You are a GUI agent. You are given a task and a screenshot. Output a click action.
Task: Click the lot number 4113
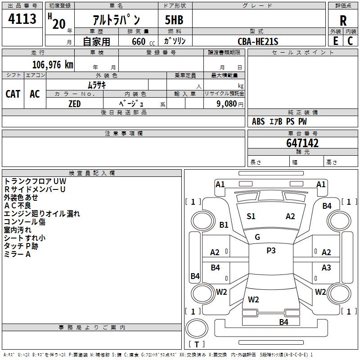22,18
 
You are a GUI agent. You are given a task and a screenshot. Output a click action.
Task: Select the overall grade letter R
343,21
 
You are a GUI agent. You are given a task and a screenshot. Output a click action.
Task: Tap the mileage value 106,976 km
53,65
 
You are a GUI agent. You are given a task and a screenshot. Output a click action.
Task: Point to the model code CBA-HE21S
258,41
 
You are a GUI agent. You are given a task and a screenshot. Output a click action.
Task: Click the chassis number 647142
302,143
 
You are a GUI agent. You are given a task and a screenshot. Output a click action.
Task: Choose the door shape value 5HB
174,20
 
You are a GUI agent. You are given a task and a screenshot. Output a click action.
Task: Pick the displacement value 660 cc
143,41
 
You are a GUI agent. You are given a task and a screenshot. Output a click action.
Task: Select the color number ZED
75,104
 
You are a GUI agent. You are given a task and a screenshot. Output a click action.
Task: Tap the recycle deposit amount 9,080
227,104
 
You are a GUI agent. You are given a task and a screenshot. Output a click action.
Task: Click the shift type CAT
13,94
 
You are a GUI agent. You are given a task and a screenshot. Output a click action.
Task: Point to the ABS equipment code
258,121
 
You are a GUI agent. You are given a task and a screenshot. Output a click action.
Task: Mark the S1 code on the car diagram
251,216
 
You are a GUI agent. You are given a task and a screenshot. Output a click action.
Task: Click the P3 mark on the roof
271,251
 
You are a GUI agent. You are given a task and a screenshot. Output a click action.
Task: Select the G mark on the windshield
257,237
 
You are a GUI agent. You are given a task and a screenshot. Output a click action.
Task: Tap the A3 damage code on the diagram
326,268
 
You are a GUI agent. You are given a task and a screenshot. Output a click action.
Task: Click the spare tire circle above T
197,328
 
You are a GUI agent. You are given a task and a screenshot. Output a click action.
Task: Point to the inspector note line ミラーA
17,254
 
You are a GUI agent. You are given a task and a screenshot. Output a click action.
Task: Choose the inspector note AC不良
18,206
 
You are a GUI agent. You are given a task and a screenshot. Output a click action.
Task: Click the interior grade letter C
350,41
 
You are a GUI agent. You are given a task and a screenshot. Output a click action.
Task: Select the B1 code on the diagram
224,225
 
